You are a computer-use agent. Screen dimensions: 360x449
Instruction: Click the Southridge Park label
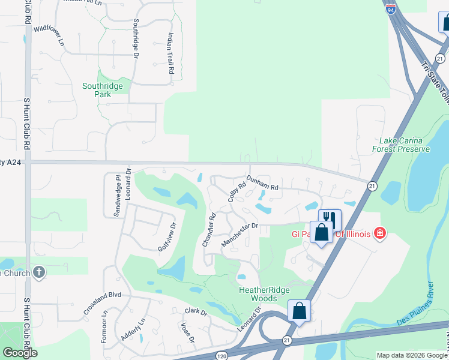pyautogui.click(x=102, y=90)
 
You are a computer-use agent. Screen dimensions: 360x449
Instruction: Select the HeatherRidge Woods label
pyautogui.click(x=265, y=294)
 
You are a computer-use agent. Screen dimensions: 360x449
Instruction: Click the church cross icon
pyautogui.click(x=39, y=272)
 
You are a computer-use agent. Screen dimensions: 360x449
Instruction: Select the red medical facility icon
pyautogui.click(x=379, y=233)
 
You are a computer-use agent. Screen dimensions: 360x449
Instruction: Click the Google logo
pyautogui.click(x=19, y=353)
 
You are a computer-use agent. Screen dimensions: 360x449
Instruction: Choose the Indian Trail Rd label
pyautogui.click(x=170, y=53)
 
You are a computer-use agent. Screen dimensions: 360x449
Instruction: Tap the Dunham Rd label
pyautogui.click(x=263, y=186)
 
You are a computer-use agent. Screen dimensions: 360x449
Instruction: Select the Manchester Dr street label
pyautogui.click(x=240, y=234)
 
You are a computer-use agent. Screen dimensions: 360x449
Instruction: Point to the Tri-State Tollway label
pyautogui.click(x=436, y=84)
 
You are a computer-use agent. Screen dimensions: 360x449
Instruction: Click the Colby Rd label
pyautogui.click(x=237, y=192)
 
